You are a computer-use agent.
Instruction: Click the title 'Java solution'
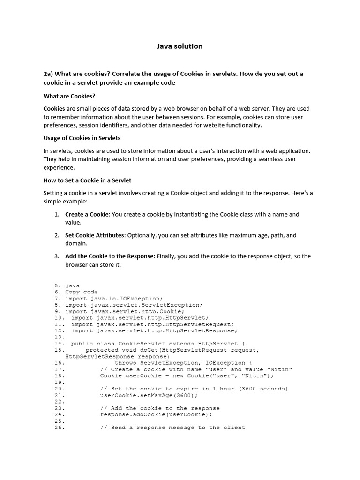(x=180, y=46)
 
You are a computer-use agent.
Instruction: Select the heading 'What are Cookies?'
(x=69, y=96)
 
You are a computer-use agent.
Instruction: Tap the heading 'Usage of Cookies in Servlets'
(x=82, y=138)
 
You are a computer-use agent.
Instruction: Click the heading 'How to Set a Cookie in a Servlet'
(x=87, y=180)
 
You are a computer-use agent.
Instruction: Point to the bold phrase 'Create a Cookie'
(x=87, y=214)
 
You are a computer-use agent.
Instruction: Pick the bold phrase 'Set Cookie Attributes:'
(x=95, y=235)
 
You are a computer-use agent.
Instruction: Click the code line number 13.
(x=59, y=337)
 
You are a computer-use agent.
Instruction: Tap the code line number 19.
(x=59, y=382)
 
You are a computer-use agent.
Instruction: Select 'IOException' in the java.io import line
(x=142, y=298)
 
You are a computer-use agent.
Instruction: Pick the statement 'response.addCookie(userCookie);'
(x=156, y=414)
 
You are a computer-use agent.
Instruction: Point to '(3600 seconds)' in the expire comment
(x=263, y=389)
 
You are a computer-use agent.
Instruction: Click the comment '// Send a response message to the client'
(x=172, y=427)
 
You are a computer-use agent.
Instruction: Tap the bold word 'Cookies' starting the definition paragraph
(x=54, y=109)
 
